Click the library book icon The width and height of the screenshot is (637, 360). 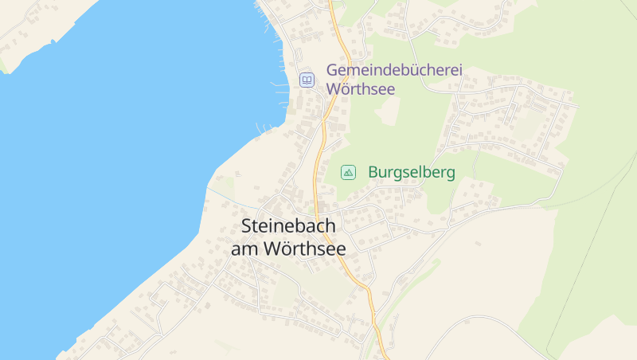point(307,80)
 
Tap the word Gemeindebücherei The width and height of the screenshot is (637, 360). point(394,70)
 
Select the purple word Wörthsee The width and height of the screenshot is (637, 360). point(361,89)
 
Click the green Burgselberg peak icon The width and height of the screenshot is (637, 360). point(348,172)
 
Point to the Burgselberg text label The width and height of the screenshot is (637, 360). point(412,172)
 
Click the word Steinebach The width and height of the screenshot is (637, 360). point(288,226)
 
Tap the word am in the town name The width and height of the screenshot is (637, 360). point(244,248)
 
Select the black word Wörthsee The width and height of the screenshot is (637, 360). point(304,248)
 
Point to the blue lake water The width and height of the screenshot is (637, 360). point(104,159)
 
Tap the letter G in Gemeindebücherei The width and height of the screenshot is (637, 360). point(333,70)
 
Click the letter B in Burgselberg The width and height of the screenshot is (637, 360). point(373,172)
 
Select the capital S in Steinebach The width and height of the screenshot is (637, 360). point(246,226)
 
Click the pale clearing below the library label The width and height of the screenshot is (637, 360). point(387,112)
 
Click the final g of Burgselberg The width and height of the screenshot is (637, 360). point(450,174)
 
